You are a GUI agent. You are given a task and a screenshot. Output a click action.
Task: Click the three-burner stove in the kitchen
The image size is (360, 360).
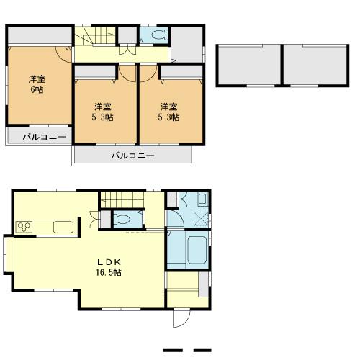coord(24,228)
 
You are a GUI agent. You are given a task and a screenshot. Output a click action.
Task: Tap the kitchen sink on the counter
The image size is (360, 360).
coord(63,228)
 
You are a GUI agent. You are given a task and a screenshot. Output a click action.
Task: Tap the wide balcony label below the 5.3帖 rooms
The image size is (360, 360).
coord(132,156)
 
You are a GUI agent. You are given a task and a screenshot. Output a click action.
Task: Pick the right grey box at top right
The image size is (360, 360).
coord(313,66)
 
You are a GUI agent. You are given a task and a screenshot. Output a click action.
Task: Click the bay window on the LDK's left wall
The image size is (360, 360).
coord(8,256)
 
